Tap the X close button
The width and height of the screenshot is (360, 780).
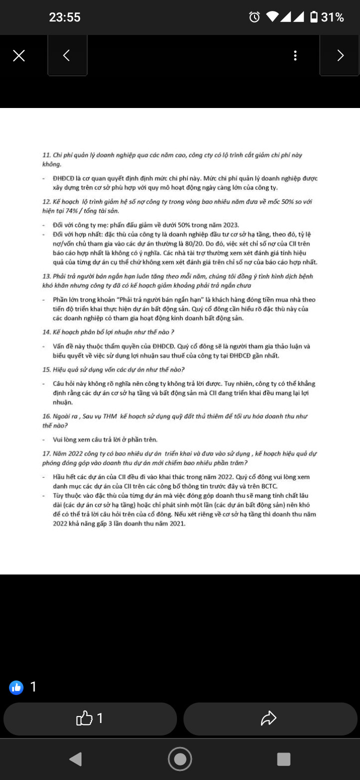coord(18,55)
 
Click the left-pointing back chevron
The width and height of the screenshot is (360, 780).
coord(66,55)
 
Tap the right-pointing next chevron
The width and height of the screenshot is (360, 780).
coord(340,55)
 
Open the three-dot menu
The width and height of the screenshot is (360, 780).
coord(295,55)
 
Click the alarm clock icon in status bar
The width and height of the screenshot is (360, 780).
coord(254,17)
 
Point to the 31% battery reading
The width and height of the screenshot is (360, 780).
coord(332,17)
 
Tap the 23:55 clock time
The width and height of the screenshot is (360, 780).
coord(64,17)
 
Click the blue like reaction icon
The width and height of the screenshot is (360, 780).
coord(16,687)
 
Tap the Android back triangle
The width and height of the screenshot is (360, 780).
coord(75,759)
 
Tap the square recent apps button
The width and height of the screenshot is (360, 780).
coord(283,759)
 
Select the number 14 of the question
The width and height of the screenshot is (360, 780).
coord(46,331)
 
